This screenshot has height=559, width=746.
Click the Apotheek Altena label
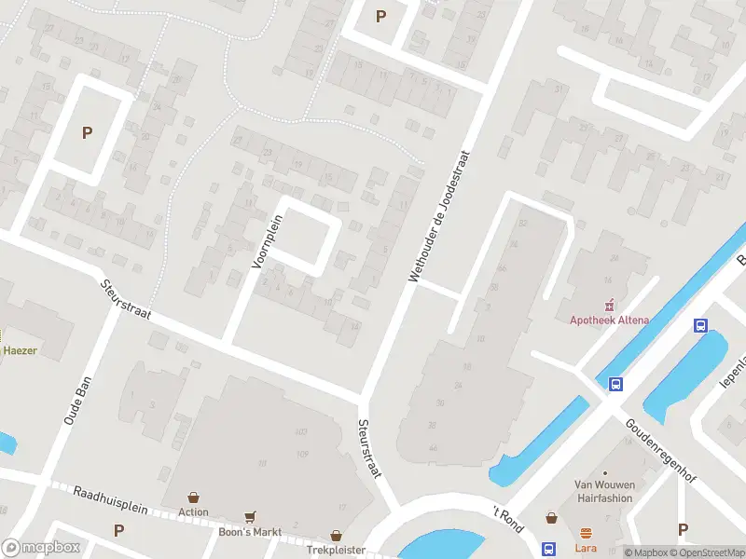coord(610,320)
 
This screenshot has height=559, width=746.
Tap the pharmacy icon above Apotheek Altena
coord(610,304)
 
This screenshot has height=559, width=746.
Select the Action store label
coord(194,511)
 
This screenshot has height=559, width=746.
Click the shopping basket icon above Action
coord(194,498)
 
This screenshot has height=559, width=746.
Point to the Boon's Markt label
coord(250,531)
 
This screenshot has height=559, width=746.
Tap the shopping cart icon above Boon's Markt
coord(250,516)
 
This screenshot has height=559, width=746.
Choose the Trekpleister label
coord(336,551)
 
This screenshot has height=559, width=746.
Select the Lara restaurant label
coord(586,549)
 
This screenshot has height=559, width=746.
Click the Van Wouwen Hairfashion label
coord(603,491)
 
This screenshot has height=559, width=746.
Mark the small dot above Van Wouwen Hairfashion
coord(604,473)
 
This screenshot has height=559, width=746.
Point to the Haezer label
coord(19,350)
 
